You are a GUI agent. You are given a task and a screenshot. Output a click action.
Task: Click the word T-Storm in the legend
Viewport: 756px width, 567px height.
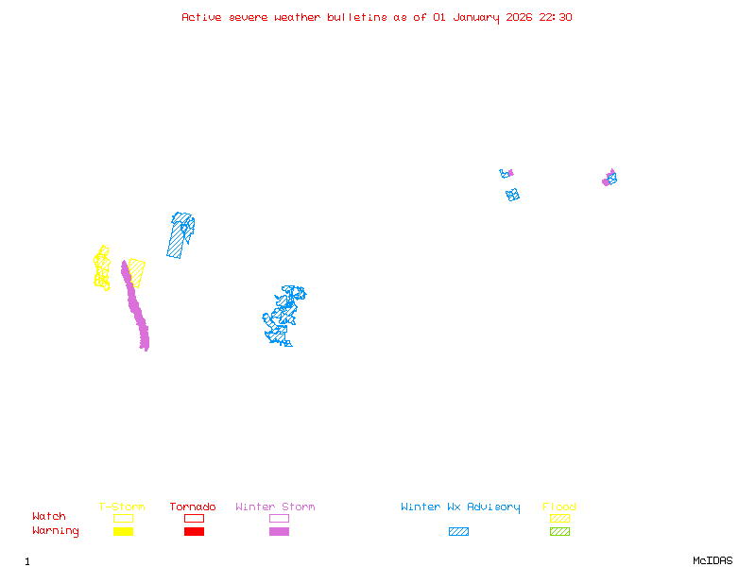coord(122,507)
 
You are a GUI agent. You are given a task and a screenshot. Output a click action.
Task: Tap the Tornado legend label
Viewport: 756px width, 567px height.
coord(193,507)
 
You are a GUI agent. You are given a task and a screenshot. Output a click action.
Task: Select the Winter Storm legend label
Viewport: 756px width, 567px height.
coord(275,507)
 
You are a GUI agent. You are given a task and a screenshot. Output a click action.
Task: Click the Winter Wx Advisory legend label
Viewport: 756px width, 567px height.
coord(460,507)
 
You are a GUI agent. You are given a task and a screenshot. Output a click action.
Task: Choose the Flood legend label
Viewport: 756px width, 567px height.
coord(559,507)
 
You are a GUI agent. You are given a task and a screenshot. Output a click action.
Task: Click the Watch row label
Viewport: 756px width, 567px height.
coord(49,517)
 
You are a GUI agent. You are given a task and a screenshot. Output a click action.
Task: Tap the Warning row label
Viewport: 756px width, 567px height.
coord(56,531)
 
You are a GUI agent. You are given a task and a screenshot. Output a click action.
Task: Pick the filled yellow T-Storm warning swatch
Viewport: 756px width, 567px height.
coord(123,532)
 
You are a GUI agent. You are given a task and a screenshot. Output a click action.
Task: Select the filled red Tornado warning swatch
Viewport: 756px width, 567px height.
coord(194,532)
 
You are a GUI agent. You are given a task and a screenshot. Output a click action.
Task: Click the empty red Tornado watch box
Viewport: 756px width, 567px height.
coord(194,518)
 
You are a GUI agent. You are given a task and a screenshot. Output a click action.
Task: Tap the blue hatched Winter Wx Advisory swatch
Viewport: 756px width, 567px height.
coord(458,532)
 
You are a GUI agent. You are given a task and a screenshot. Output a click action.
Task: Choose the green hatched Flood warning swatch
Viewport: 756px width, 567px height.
coord(559,532)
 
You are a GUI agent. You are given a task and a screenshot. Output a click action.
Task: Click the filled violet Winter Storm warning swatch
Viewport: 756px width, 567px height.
coord(279,532)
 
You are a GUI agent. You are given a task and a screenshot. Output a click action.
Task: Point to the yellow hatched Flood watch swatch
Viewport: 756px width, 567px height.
coord(559,518)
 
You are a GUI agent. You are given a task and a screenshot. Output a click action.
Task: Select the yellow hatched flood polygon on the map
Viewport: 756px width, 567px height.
coord(137,272)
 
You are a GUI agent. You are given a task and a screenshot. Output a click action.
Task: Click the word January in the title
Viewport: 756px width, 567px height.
coord(472,17)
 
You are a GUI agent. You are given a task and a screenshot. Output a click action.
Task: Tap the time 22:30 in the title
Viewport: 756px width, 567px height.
coord(556,17)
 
